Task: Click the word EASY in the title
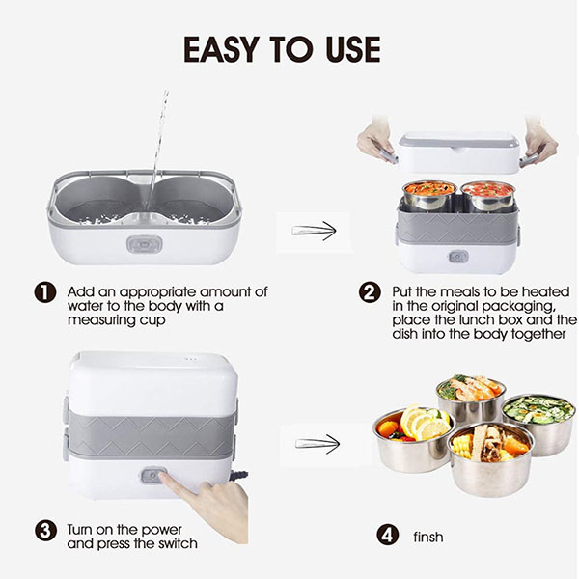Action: tap(220, 49)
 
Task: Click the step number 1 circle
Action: tap(45, 292)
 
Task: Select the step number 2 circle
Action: tap(370, 292)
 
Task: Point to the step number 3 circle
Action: tap(45, 531)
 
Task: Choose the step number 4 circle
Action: tap(387, 535)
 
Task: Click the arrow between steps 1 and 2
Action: tap(314, 231)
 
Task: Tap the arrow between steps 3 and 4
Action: tap(317, 444)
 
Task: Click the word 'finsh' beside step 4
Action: tap(427, 537)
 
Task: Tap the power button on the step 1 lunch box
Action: tap(145, 244)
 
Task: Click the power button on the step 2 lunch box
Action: tap(458, 257)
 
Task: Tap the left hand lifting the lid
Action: tap(376, 142)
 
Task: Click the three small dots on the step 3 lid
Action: tap(189, 358)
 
